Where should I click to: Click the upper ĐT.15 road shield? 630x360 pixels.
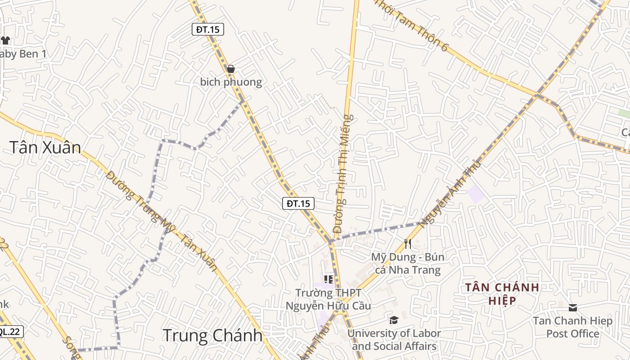(x=207, y=30)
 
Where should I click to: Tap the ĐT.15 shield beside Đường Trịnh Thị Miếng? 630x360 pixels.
(x=298, y=203)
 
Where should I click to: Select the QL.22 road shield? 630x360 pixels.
(x=9, y=332)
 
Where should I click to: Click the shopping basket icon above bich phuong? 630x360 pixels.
(x=231, y=69)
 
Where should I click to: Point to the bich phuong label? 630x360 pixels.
(x=231, y=82)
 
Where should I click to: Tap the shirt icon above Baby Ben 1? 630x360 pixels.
(x=5, y=40)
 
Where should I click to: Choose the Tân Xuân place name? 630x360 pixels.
(x=45, y=148)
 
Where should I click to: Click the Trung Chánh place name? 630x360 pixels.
(x=212, y=336)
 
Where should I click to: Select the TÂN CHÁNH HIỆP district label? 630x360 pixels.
(x=502, y=293)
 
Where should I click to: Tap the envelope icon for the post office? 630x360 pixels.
(x=573, y=308)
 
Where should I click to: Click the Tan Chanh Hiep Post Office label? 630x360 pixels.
(x=573, y=327)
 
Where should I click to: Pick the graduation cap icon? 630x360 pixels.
(x=394, y=320)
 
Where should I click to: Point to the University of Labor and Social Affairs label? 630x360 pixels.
(x=394, y=340)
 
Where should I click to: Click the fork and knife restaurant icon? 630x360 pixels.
(x=408, y=243)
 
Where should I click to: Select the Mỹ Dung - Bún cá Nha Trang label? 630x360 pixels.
(x=408, y=264)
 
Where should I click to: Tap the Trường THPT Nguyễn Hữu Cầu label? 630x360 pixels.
(x=328, y=300)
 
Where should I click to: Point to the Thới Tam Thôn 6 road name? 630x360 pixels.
(x=412, y=25)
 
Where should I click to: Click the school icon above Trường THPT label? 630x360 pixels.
(x=328, y=279)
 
